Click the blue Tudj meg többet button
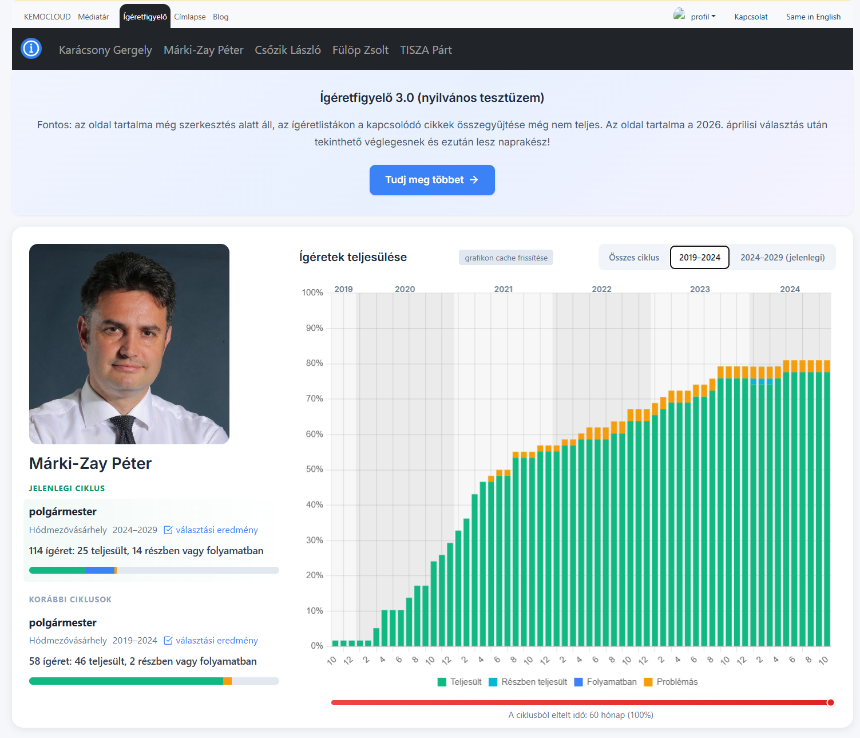pyautogui.click(x=432, y=180)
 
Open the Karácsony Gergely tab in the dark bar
pyautogui.click(x=105, y=50)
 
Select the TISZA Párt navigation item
pyautogui.click(x=426, y=50)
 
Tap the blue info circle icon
pyautogui.click(x=31, y=49)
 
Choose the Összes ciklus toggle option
pyautogui.click(x=633, y=258)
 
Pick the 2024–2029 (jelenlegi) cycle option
pyautogui.click(x=782, y=258)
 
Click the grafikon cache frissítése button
pyautogui.click(x=506, y=258)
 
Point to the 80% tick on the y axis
pyautogui.click(x=314, y=363)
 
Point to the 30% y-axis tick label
pyautogui.click(x=314, y=540)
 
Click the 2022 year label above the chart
pyautogui.click(x=601, y=289)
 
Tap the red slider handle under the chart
pyautogui.click(x=830, y=703)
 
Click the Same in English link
pyautogui.click(x=813, y=17)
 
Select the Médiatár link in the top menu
pyautogui.click(x=93, y=17)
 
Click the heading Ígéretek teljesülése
pyautogui.click(x=352, y=257)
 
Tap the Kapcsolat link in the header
pyautogui.click(x=751, y=17)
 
